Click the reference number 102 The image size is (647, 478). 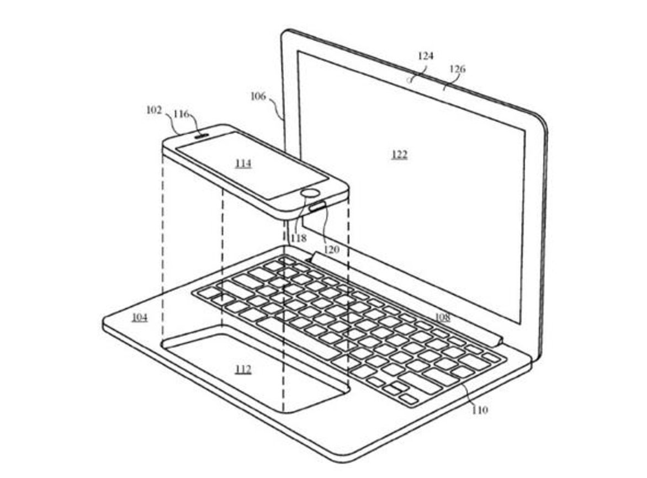tap(154, 110)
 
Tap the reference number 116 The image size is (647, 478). tap(181, 114)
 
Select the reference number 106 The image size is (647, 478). tap(258, 97)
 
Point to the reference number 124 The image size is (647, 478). tap(426, 56)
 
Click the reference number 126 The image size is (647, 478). tap(458, 69)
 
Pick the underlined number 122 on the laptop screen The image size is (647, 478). tap(399, 155)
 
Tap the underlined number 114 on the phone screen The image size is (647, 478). tap(243, 163)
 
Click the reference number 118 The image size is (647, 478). tap(299, 238)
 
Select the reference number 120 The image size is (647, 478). tap(332, 249)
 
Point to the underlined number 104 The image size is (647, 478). tap(140, 317)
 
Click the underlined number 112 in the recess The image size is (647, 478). tap(243, 369)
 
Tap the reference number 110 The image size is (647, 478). tap(480, 410)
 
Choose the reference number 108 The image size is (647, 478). tap(442, 317)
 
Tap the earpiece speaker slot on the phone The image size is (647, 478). tap(202, 133)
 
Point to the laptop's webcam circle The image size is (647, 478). tap(410, 79)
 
